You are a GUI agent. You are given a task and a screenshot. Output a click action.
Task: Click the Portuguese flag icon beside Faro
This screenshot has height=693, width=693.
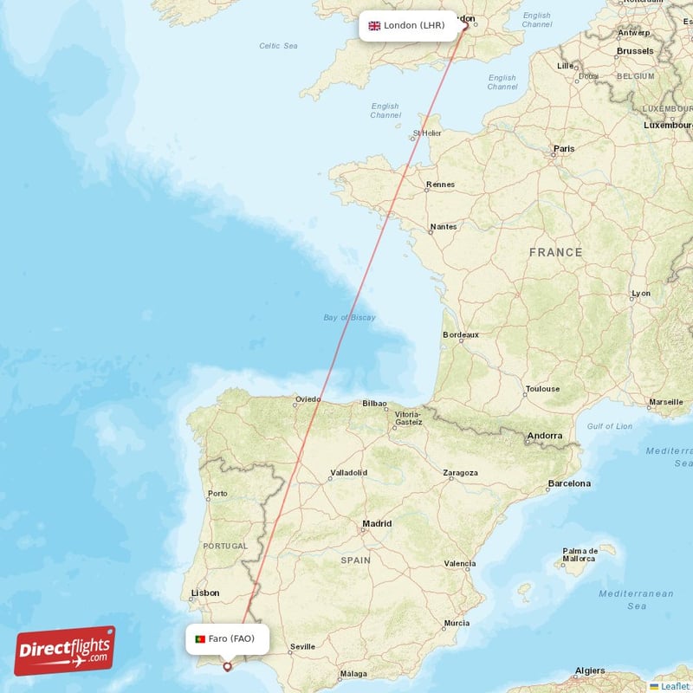(200, 639)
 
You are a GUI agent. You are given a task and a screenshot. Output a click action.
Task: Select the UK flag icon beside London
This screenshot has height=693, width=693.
(374, 26)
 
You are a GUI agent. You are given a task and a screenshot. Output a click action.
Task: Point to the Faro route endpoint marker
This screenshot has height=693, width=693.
(228, 666)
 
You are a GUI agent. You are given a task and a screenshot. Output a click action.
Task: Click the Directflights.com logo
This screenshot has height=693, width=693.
(65, 651)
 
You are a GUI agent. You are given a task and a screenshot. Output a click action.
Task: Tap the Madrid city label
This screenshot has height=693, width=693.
(377, 524)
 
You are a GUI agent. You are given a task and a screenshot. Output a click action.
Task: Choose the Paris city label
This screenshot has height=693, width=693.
(564, 149)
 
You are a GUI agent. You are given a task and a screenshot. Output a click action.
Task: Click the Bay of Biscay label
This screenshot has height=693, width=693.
(349, 318)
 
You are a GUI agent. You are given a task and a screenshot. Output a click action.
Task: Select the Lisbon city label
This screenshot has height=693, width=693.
(205, 593)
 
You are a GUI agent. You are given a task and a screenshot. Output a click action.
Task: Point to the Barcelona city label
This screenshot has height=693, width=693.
(568, 483)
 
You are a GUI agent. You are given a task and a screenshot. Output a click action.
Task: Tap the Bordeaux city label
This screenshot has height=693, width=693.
(460, 334)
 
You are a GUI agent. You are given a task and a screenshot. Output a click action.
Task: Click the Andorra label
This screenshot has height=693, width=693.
(545, 436)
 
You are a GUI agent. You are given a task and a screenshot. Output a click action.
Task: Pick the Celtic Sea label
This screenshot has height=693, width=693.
(278, 46)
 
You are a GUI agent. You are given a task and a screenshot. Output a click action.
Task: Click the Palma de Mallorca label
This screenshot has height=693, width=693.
(580, 555)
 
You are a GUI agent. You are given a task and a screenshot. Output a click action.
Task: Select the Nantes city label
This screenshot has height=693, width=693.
(443, 227)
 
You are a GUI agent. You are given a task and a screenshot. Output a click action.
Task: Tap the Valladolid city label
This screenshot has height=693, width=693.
(348, 473)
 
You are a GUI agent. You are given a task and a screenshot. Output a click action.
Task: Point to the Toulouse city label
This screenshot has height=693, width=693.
(542, 389)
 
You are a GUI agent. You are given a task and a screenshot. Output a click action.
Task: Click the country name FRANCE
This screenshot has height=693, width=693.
(555, 252)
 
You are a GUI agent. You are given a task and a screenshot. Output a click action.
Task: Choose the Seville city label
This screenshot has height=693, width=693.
(302, 646)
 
